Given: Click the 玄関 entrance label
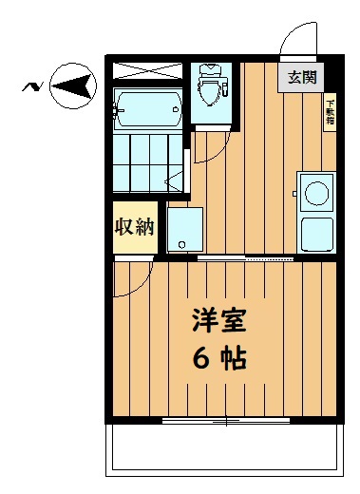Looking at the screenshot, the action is click(x=302, y=77).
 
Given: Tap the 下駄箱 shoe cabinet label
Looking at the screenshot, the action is click(x=331, y=112).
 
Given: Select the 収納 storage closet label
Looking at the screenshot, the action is click(x=135, y=226).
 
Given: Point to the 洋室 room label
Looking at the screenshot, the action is click(x=219, y=320).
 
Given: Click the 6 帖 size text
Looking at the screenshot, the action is click(x=219, y=359).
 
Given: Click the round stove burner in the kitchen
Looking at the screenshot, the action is click(x=316, y=193).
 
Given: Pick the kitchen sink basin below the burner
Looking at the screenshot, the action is click(x=316, y=235).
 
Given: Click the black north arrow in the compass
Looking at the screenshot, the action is click(x=72, y=85).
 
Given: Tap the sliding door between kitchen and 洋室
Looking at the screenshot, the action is click(x=246, y=258).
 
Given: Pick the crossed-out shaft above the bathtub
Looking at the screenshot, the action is click(x=148, y=70).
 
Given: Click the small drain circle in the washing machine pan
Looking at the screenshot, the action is click(x=182, y=245).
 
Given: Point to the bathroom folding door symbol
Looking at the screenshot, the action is click(x=174, y=181).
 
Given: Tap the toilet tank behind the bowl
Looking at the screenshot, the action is click(x=211, y=69).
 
